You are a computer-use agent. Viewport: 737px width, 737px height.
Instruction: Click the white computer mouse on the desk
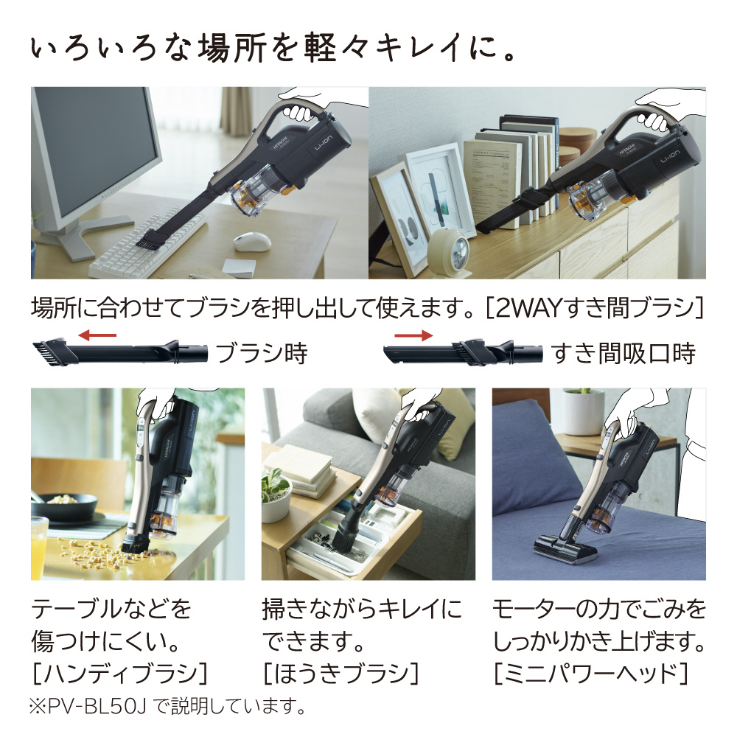[252, 241]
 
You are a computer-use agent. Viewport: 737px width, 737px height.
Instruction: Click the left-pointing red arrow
[97, 335]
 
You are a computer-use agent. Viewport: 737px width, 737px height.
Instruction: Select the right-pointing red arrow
[413, 335]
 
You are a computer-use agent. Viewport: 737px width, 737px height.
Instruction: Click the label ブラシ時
[262, 353]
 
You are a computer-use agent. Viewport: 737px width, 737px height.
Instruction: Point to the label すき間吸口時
[624, 354]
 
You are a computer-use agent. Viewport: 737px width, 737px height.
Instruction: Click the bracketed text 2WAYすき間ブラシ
[594, 308]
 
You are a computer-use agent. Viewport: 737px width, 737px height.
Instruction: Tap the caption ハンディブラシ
[120, 673]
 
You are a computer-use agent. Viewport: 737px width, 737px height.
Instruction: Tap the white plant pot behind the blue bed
[583, 411]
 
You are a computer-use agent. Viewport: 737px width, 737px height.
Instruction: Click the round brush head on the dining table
[136, 542]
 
